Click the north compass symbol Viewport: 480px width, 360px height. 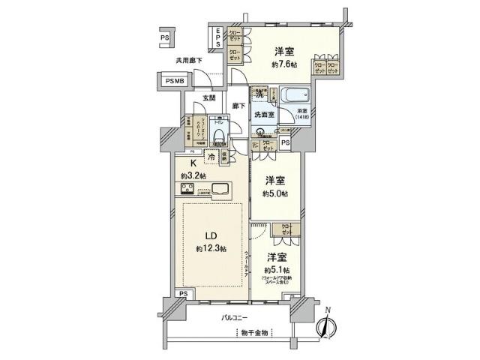coord(323,326)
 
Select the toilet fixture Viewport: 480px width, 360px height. coord(217,133)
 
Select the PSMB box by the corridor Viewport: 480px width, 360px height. coord(174,79)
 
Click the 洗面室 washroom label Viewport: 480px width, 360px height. coord(263,115)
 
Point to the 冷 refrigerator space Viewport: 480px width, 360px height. coord(212,157)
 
